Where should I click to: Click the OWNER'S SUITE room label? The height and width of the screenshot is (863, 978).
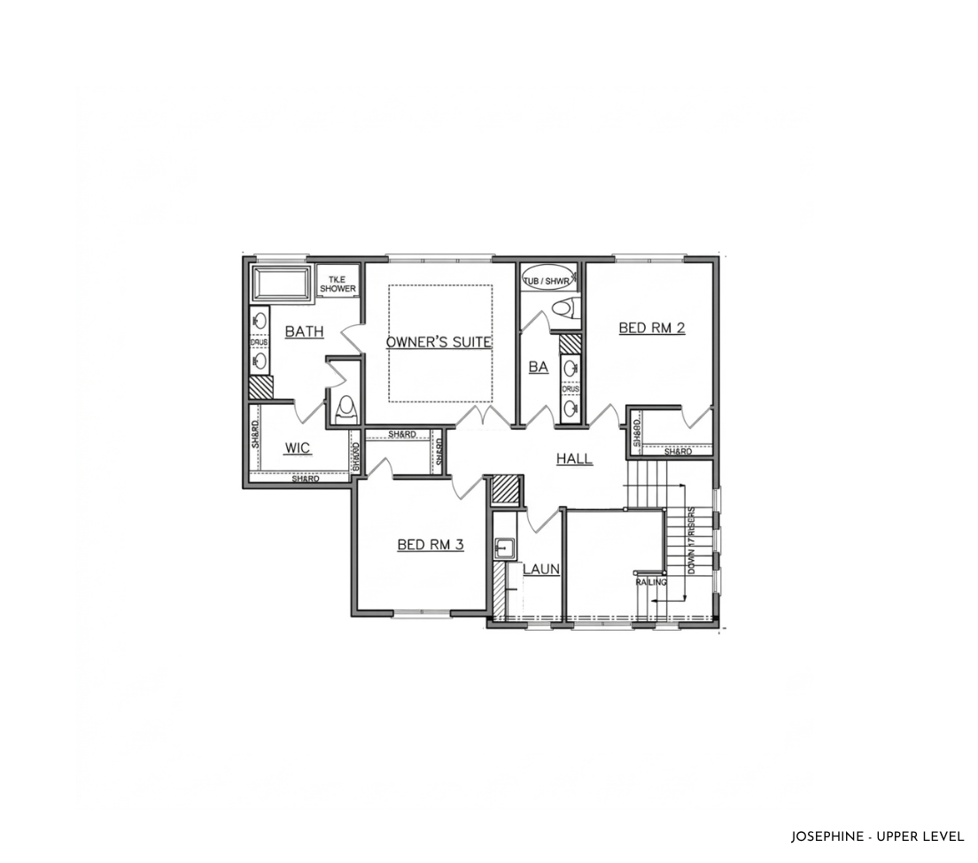point(439,341)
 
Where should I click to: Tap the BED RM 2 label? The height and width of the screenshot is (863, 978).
point(652,328)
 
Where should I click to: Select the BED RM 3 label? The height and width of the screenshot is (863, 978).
point(431,545)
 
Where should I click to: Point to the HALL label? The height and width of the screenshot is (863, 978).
point(574,459)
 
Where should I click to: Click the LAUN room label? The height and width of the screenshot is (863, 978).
point(540,569)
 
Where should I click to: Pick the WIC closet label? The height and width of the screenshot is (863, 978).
point(298,448)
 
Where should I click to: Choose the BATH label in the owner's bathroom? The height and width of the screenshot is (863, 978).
point(304,332)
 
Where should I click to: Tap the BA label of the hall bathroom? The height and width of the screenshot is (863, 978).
point(539,367)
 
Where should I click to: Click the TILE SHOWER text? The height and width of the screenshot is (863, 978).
point(338,284)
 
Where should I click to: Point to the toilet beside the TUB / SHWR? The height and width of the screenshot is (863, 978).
point(563,309)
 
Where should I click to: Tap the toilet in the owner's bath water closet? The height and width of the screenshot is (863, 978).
point(345,408)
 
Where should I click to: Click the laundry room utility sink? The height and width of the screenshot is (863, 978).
point(505,548)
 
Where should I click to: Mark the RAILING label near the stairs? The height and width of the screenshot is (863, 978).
point(651,582)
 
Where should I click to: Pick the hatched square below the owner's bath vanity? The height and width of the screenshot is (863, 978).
point(260,386)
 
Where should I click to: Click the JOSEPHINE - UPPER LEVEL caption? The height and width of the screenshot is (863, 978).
point(877,836)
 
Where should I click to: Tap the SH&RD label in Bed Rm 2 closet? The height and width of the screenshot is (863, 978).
point(678,452)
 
